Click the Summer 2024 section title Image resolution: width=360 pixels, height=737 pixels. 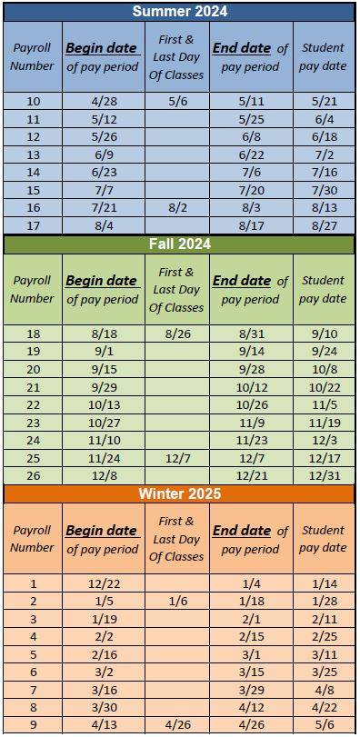click(x=180, y=12)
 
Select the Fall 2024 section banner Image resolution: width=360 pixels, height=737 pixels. click(x=180, y=244)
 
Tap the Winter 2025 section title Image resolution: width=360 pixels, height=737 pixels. click(x=180, y=493)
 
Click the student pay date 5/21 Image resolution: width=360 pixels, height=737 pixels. click(x=323, y=101)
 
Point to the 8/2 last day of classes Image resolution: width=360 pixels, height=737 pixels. click(x=176, y=208)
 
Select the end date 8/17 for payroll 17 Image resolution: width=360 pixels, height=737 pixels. click(x=250, y=225)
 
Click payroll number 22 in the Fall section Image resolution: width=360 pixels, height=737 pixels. click(x=33, y=404)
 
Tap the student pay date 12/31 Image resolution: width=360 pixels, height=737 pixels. click(x=323, y=475)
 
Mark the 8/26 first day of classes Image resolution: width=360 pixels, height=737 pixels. click(x=176, y=334)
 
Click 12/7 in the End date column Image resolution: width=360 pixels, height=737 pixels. click(x=250, y=458)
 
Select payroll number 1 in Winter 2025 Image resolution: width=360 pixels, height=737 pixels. click(x=33, y=583)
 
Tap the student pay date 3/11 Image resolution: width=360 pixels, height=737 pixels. click(x=323, y=654)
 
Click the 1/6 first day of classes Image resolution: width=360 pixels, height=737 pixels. click(x=176, y=601)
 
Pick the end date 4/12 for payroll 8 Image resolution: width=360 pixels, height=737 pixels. click(x=250, y=708)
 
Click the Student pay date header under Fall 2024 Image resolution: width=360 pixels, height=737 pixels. click(x=323, y=289)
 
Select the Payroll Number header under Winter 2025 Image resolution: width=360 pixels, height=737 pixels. click(x=33, y=538)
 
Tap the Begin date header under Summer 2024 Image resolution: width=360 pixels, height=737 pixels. click(x=101, y=56)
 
